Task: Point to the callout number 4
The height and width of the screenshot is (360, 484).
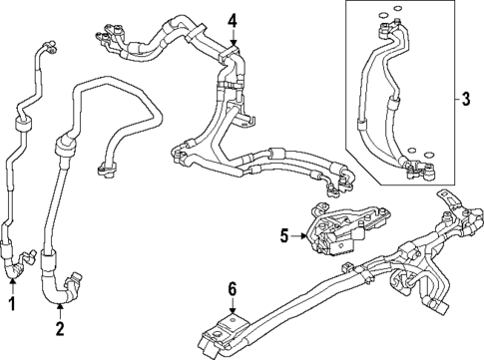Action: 232,20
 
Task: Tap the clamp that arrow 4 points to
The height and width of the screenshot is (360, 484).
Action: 232,52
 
